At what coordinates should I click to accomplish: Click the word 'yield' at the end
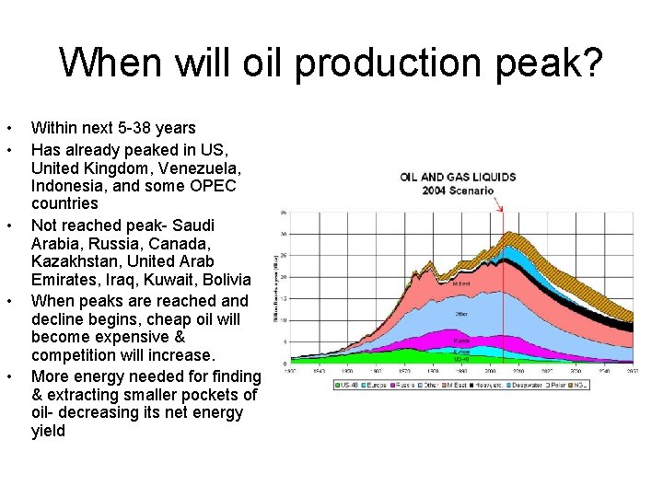pos(48,431)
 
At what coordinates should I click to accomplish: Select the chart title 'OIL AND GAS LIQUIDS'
pos(458,178)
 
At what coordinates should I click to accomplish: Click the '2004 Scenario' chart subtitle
pos(458,191)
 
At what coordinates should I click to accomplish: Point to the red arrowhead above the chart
pos(501,209)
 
